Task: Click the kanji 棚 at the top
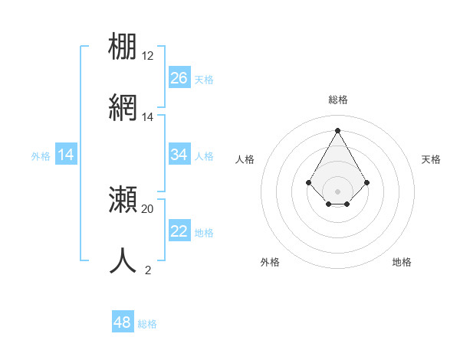[x=123, y=46]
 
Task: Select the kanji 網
[x=123, y=107]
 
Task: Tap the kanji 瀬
[x=123, y=199]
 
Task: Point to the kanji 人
[x=123, y=260]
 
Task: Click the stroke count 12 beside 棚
[x=148, y=56]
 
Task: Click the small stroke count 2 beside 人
[x=148, y=270]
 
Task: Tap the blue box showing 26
[x=179, y=78]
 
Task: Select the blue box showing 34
[x=179, y=155]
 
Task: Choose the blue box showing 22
[x=179, y=231]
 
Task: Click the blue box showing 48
[x=123, y=322]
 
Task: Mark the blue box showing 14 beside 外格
[x=66, y=155]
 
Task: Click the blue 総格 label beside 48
[x=147, y=324]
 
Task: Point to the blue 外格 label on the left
[x=41, y=156]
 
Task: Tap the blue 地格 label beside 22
[x=204, y=233]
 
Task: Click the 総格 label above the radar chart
[x=338, y=100]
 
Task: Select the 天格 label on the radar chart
[x=432, y=159]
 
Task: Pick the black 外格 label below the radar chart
[x=270, y=262]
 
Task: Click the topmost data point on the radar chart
[x=338, y=129]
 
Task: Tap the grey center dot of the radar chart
[x=338, y=191]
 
